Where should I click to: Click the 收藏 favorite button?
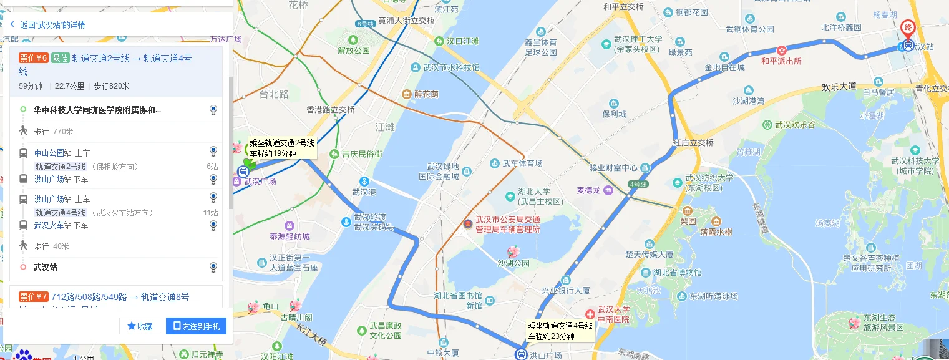tap(140, 326)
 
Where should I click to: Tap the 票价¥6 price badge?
tap(34, 58)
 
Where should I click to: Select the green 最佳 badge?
tap(60, 58)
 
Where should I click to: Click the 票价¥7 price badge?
tap(34, 297)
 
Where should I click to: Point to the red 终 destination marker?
tap(908, 28)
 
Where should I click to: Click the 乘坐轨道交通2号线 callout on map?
tap(282, 148)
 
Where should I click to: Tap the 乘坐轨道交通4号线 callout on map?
tap(560, 331)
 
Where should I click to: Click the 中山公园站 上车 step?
tap(62, 152)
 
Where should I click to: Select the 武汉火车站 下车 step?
tap(61, 225)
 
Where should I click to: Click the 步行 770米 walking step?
tap(53, 132)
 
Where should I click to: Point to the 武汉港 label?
tap(364, 192)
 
